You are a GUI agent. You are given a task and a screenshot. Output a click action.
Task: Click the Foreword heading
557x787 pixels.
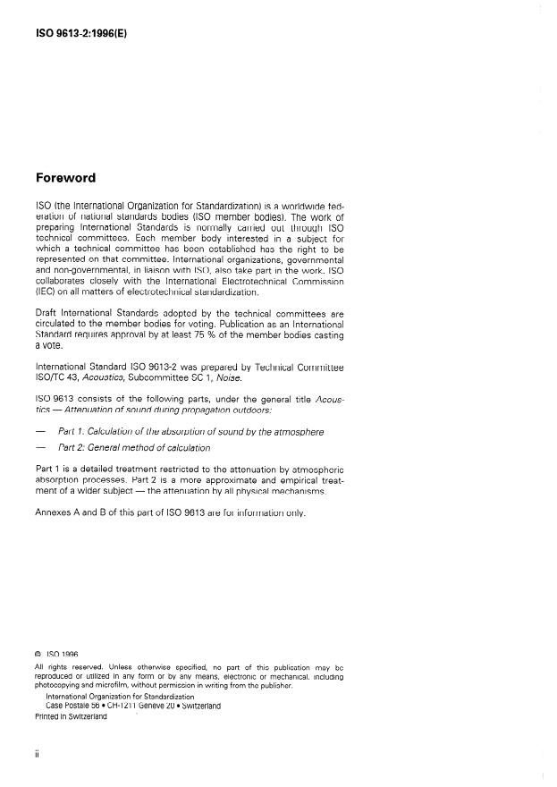[x=67, y=178]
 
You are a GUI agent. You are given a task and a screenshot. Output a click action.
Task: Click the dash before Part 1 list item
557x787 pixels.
[x=39, y=432]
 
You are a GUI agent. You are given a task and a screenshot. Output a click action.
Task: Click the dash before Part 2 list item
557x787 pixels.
[x=39, y=447]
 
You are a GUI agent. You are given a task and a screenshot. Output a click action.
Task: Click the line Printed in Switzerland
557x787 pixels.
[x=71, y=716]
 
